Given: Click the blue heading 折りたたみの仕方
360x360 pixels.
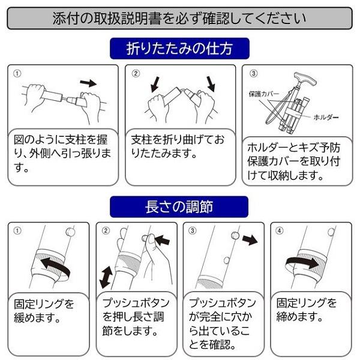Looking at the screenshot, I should tap(179, 47).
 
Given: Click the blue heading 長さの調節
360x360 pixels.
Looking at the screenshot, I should tap(179, 206).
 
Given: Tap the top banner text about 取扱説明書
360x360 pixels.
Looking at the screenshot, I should tap(179, 18).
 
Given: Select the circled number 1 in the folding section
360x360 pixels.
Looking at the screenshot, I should tap(17, 73).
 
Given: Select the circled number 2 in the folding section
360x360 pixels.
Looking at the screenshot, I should tap(136, 73).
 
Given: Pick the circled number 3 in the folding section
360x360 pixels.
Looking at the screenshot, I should tap(253, 73).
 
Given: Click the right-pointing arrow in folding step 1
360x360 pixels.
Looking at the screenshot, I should tap(88, 82).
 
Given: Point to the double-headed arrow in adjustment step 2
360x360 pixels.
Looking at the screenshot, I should tap(106, 278).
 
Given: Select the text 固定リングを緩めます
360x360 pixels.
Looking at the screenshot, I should tap(44, 311).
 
